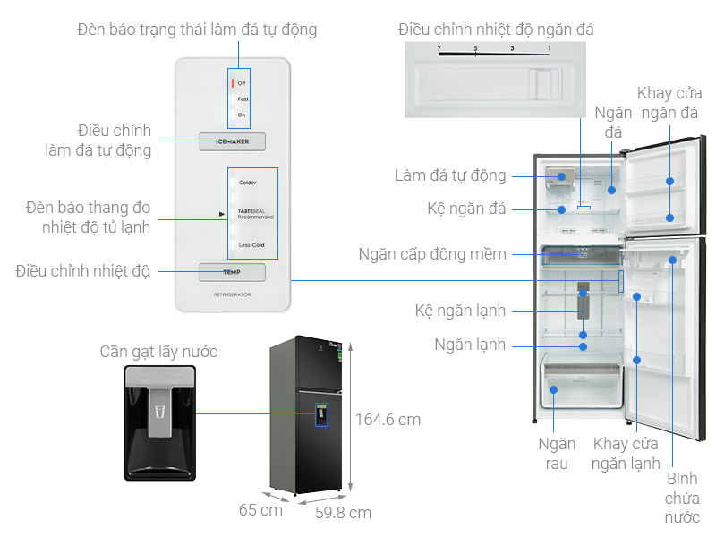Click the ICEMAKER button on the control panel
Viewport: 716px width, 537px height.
233,141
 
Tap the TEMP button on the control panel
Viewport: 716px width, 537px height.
233,272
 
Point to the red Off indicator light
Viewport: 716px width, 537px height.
233,82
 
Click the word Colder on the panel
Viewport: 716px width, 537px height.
248,183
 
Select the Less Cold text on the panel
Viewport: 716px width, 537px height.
251,245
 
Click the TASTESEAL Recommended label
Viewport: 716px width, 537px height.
256,214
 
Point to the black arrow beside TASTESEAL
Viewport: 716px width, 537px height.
221,214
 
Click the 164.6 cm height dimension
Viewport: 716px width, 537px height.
388,420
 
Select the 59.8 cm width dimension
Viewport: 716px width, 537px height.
343,513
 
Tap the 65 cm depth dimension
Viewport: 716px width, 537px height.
260,510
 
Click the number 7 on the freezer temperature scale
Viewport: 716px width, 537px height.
439,48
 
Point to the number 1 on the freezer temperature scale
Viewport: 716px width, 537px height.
550,48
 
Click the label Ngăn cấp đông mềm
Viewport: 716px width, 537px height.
432,254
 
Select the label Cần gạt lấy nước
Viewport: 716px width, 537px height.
158,352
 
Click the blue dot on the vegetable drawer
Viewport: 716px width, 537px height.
553,389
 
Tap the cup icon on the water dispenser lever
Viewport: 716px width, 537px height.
159,412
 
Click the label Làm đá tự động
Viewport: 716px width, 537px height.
450,175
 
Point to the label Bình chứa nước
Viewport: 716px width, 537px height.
682,498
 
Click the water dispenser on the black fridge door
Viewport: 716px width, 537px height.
321,414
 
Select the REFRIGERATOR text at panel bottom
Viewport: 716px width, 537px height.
233,294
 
